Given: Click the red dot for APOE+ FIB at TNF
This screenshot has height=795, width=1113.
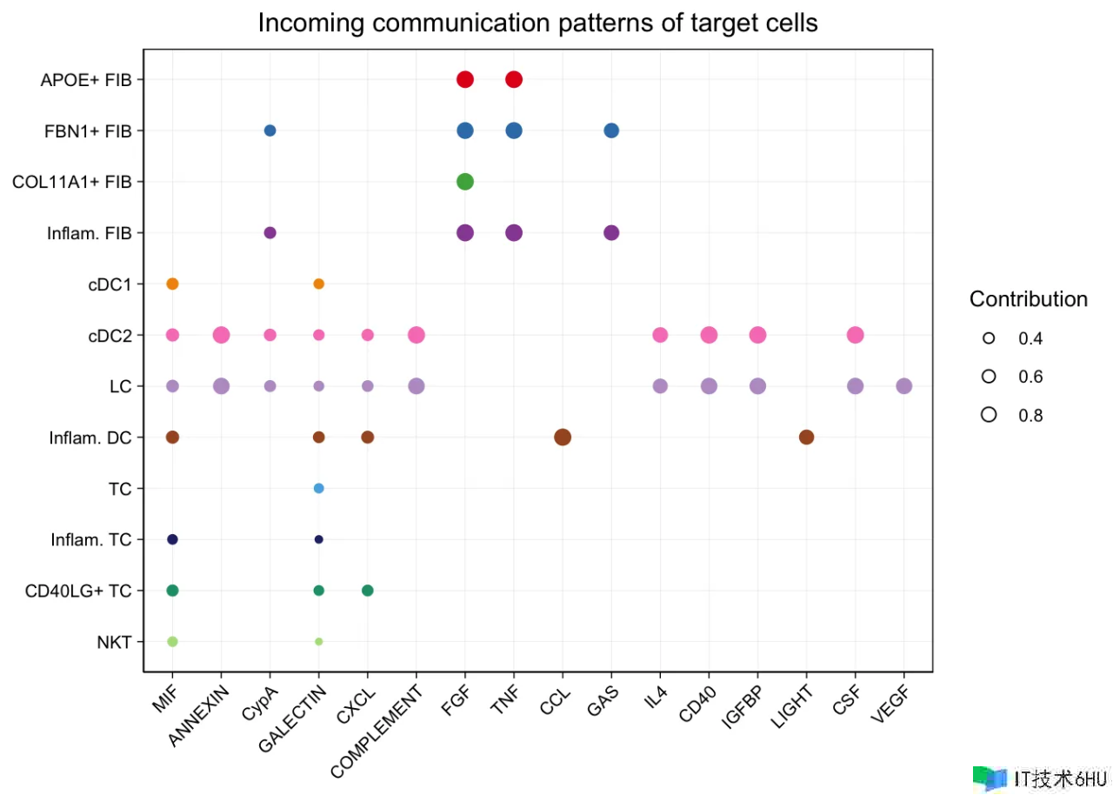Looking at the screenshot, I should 514,80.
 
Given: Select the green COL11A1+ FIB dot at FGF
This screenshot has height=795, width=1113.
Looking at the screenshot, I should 465,182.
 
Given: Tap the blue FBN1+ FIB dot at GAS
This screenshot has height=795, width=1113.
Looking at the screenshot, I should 611,130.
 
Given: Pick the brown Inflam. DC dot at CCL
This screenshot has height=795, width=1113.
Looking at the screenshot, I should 563,437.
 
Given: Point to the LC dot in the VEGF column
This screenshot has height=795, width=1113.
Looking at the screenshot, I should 904,386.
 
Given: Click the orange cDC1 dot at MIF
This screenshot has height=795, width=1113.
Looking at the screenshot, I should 172,284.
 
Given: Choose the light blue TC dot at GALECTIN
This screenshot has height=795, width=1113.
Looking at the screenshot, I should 319,488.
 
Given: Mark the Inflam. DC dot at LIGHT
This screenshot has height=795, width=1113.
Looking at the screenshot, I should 807,437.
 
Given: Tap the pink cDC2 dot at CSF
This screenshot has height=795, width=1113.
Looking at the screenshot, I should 856,335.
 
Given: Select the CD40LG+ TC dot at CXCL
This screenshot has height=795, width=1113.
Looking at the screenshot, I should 368,591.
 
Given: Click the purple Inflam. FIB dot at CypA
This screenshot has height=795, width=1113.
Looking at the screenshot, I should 270,233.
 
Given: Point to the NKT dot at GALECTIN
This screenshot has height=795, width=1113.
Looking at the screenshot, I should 319,642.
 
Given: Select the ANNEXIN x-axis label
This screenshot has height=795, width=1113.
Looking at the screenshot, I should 200,717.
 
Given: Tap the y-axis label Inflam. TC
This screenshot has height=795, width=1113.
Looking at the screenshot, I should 90,540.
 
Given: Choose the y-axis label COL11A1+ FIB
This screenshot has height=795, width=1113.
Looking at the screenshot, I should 72,183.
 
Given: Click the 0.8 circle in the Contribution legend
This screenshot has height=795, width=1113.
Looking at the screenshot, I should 989,415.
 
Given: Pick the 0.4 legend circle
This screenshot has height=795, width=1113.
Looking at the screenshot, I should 989,337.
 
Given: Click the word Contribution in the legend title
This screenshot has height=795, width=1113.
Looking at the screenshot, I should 1029,299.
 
